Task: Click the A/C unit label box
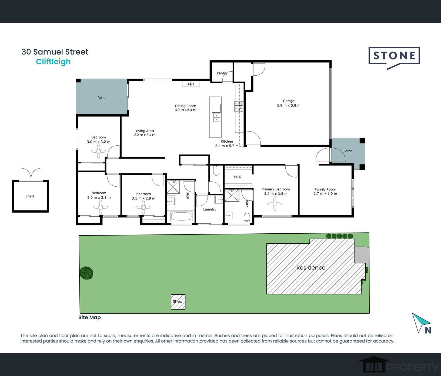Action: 191,84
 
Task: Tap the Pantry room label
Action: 222,73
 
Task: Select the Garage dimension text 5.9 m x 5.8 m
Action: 289,106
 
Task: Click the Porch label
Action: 348,151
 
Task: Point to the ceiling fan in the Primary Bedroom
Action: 275,204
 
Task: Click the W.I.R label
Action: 238,177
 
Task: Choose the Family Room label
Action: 325,189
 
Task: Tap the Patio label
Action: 101,98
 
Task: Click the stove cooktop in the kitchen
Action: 239,107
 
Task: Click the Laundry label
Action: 210,209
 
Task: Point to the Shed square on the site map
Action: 178,302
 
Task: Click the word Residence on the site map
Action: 311,268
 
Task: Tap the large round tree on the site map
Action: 86,273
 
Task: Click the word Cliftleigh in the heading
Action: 54,62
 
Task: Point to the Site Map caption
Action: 89,317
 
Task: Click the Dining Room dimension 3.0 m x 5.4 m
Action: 186,110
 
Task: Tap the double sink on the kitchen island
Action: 216,117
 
